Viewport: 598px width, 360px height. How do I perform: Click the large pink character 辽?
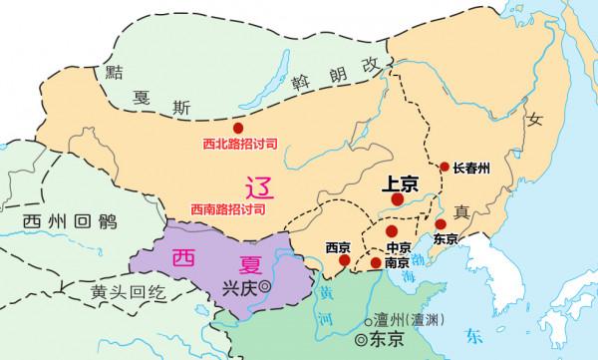257,186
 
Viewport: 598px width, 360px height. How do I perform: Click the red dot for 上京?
398,199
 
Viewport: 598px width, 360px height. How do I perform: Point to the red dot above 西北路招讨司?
237,128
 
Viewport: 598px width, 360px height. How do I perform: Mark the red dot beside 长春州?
445,167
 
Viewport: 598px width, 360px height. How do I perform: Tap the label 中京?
399,247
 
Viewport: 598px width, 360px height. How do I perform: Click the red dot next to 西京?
344,262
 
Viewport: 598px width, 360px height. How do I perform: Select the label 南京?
397,263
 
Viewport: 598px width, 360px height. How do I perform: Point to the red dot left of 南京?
375,263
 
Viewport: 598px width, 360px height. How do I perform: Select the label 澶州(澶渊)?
404,321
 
